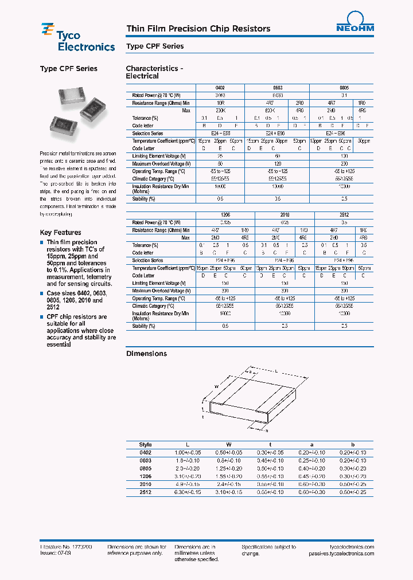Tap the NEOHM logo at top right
[354, 22]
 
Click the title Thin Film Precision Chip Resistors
[198, 29]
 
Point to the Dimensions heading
[146, 354]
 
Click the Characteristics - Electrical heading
[154, 72]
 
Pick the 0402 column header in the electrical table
[204, 88]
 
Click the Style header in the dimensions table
[146, 444]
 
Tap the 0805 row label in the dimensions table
[146, 468]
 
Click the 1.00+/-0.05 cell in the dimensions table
[187, 452]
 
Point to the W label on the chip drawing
[216, 387]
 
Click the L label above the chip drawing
[276, 372]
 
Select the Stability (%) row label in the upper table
[144, 199]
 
